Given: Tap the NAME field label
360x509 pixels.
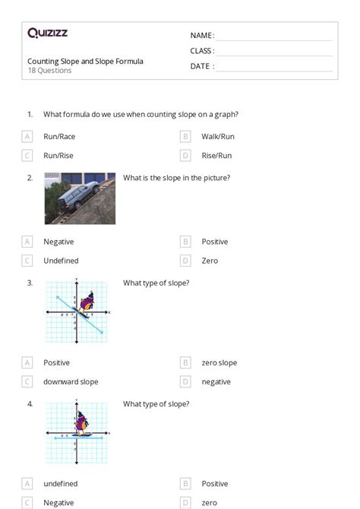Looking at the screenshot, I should point(202,36).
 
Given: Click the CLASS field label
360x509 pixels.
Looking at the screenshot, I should point(202,51).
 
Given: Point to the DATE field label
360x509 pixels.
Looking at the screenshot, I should point(202,66).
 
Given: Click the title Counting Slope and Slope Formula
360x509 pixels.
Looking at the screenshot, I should point(85,61).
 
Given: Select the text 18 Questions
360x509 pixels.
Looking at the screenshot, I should point(49,71).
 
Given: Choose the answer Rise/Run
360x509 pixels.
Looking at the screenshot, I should point(216,156).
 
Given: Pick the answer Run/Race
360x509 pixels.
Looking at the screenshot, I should point(59,137).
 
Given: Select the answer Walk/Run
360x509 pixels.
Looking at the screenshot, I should point(218,137).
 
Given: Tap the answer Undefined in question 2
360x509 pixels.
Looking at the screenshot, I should point(61,261).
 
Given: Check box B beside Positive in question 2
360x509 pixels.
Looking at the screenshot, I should point(185,242).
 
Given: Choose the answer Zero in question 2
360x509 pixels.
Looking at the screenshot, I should point(210,261).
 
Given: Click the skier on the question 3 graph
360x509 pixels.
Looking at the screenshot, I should point(87,302).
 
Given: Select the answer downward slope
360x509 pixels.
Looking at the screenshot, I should point(71,382).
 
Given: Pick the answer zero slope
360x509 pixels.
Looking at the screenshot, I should point(219,363).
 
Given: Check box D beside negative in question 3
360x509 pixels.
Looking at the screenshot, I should point(185,382).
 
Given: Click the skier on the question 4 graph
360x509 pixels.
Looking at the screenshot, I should point(80,422).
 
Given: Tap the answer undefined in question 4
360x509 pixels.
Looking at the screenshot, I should point(60,484).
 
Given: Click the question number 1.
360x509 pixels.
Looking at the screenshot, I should point(30,114).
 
